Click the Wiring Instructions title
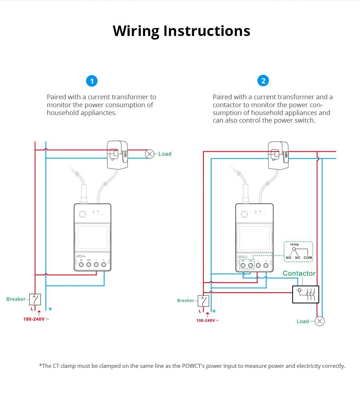(x=181, y=31)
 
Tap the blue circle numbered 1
(x=92, y=81)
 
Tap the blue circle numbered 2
(x=263, y=81)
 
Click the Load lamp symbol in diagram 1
(x=149, y=154)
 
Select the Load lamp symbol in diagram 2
(x=319, y=321)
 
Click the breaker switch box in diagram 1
(x=35, y=299)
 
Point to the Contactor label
(x=299, y=273)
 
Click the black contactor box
(x=305, y=294)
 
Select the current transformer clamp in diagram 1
(x=118, y=155)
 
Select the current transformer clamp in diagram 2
(x=278, y=155)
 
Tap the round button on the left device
(x=82, y=214)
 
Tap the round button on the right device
(x=244, y=214)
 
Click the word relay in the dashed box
(x=294, y=245)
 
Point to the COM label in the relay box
(x=307, y=258)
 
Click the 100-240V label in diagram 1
(x=34, y=319)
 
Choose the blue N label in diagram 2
(x=214, y=311)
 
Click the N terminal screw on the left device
(x=104, y=265)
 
